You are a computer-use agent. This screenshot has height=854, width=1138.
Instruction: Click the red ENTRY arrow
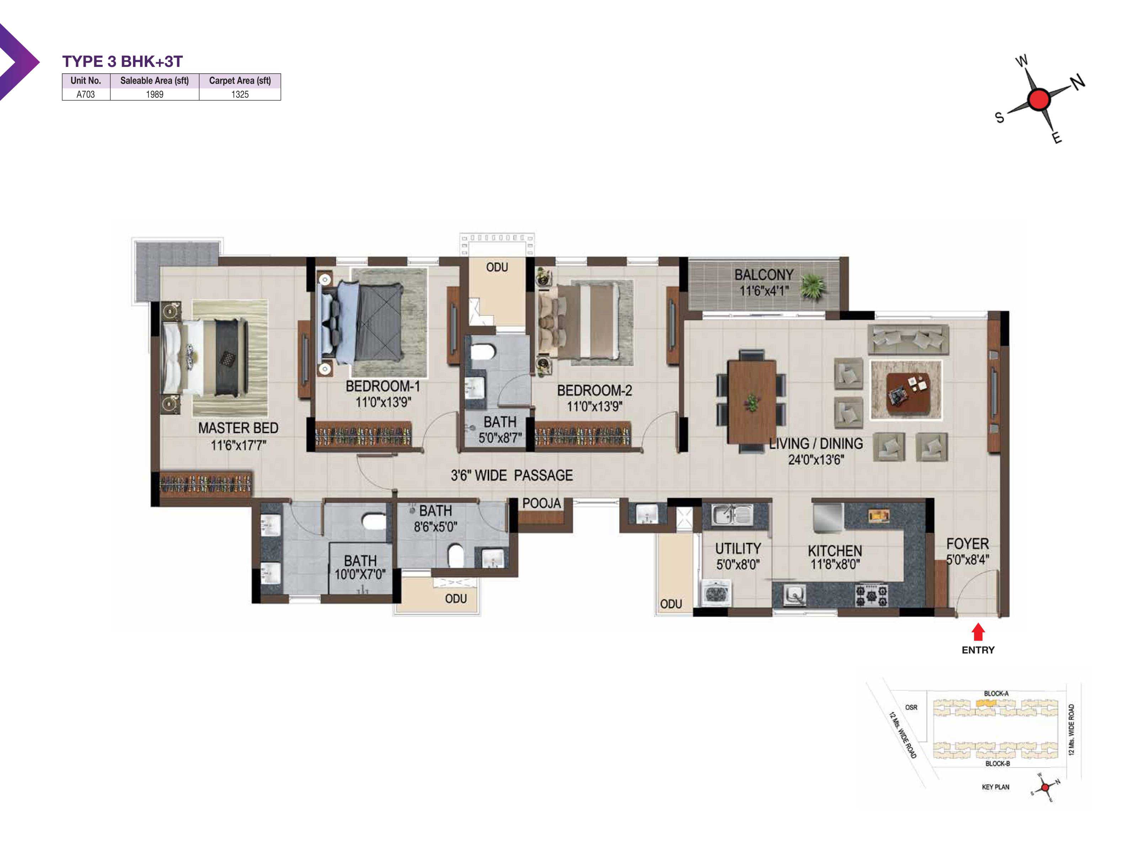tap(978, 632)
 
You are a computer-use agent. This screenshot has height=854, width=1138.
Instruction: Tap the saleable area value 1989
tap(154, 94)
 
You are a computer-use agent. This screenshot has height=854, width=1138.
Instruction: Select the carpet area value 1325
tap(240, 94)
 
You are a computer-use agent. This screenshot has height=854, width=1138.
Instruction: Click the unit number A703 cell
tap(85, 94)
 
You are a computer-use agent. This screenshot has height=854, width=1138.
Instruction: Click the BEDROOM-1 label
tap(383, 386)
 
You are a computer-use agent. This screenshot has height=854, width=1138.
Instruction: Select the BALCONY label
tap(764, 275)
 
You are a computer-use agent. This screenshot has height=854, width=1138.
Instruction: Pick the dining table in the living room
tap(752, 401)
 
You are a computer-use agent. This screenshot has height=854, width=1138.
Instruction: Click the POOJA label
tap(541, 504)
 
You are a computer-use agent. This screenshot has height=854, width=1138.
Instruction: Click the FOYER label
tap(967, 544)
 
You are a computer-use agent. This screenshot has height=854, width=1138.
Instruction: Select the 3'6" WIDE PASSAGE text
tap(512, 475)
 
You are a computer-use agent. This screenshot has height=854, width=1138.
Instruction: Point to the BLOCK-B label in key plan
tap(998, 763)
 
